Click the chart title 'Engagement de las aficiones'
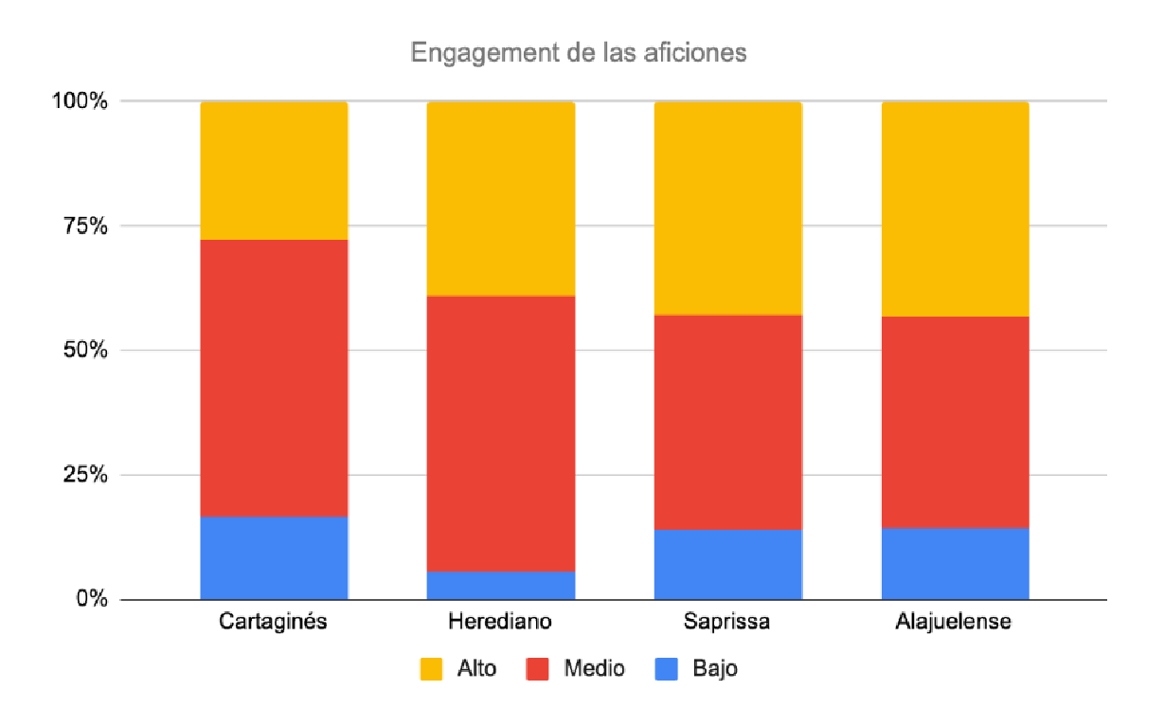click(x=579, y=52)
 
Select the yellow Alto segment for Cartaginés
click(x=274, y=171)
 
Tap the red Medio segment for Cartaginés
click(x=274, y=377)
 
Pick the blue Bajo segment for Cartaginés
click(x=274, y=557)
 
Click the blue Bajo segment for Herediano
click(x=501, y=585)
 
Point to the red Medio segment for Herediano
click(x=501, y=433)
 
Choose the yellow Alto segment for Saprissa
click(x=728, y=208)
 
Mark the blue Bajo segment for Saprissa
click(x=728, y=564)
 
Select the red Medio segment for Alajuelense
click(x=955, y=421)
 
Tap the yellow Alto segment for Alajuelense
click(x=955, y=209)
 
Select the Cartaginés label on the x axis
click(x=274, y=623)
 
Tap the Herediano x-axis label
click(x=500, y=623)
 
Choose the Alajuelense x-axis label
click(x=955, y=623)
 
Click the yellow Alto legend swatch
click(x=430, y=669)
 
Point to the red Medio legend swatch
click(x=537, y=669)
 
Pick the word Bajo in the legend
click(x=715, y=669)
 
